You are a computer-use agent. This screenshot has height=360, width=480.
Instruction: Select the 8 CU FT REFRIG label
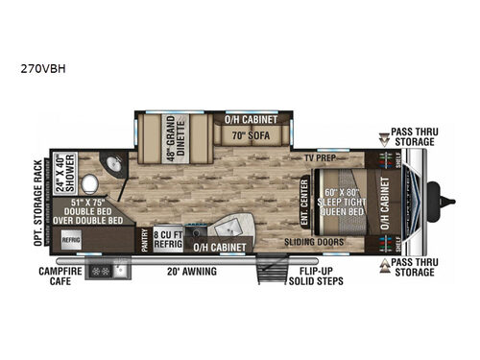click(167, 237)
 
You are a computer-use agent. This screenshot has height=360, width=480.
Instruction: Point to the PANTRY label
click(144, 239)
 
